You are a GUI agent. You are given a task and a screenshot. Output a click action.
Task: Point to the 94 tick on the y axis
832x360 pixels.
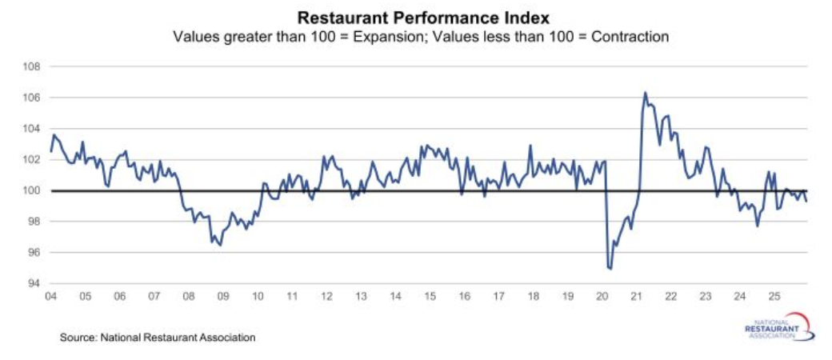33,283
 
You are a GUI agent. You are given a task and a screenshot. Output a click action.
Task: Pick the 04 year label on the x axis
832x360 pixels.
50,296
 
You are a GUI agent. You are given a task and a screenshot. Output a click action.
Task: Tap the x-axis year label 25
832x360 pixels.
773,296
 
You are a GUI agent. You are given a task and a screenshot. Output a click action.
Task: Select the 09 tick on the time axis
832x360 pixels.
222,296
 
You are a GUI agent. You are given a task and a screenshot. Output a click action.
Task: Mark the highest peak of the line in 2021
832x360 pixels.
645,93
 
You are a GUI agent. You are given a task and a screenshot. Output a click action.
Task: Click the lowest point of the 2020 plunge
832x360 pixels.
610,269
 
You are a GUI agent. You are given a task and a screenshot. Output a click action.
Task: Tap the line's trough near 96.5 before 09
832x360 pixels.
220,245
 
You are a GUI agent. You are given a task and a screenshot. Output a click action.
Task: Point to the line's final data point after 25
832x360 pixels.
806,201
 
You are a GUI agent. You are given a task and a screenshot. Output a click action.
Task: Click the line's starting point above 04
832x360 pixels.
50,151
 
